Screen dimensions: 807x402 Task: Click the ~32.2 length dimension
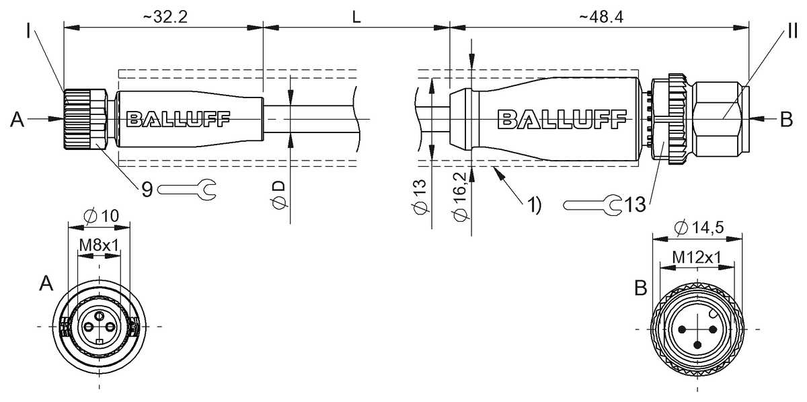(165, 17)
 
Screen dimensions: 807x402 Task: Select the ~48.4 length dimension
(601, 17)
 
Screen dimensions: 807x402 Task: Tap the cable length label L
(356, 17)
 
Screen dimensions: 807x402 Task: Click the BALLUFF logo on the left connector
(178, 120)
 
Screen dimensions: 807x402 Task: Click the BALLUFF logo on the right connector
(562, 120)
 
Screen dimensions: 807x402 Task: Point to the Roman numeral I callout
(28, 31)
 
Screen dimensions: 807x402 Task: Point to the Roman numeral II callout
(792, 31)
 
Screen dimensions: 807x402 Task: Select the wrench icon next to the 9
(187, 189)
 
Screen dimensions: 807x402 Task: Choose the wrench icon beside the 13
(592, 205)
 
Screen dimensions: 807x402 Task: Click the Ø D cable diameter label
(278, 194)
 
